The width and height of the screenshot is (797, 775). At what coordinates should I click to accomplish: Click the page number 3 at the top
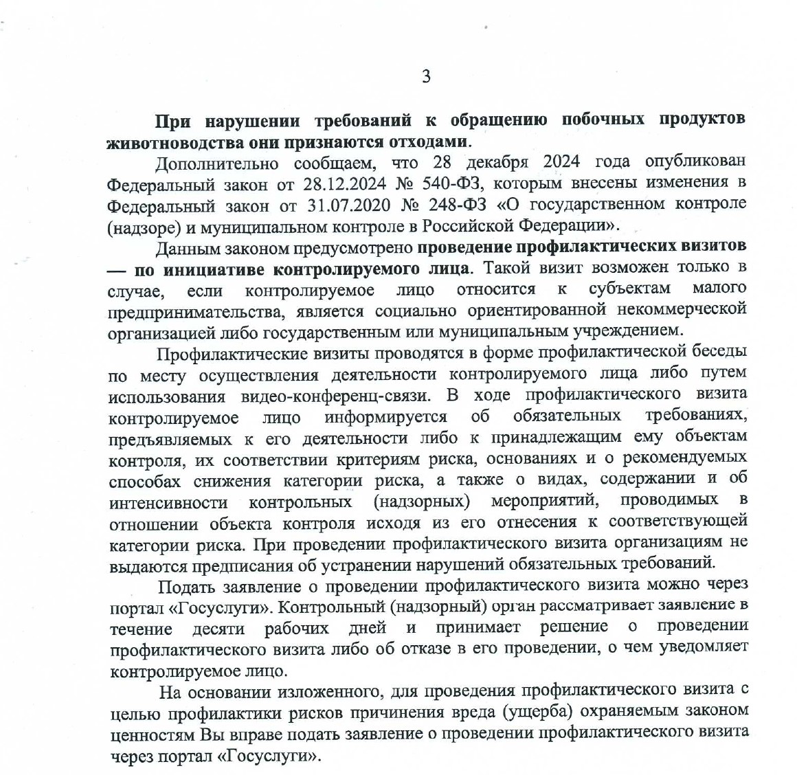pyautogui.click(x=426, y=77)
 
